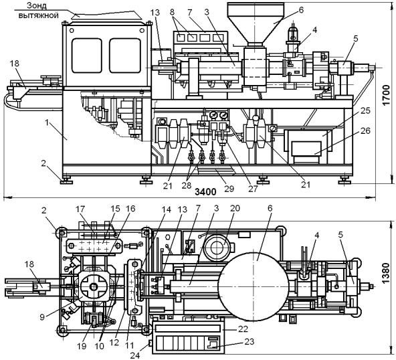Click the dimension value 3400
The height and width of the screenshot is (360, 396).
coord(205,192)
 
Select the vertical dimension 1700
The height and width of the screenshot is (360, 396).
coord(386,95)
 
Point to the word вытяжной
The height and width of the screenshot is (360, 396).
coord(39,15)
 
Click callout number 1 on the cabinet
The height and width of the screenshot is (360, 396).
coord(46,122)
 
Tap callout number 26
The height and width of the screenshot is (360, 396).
coord(365,131)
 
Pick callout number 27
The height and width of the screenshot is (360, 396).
coord(253,189)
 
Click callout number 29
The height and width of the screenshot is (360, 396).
coord(229,189)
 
